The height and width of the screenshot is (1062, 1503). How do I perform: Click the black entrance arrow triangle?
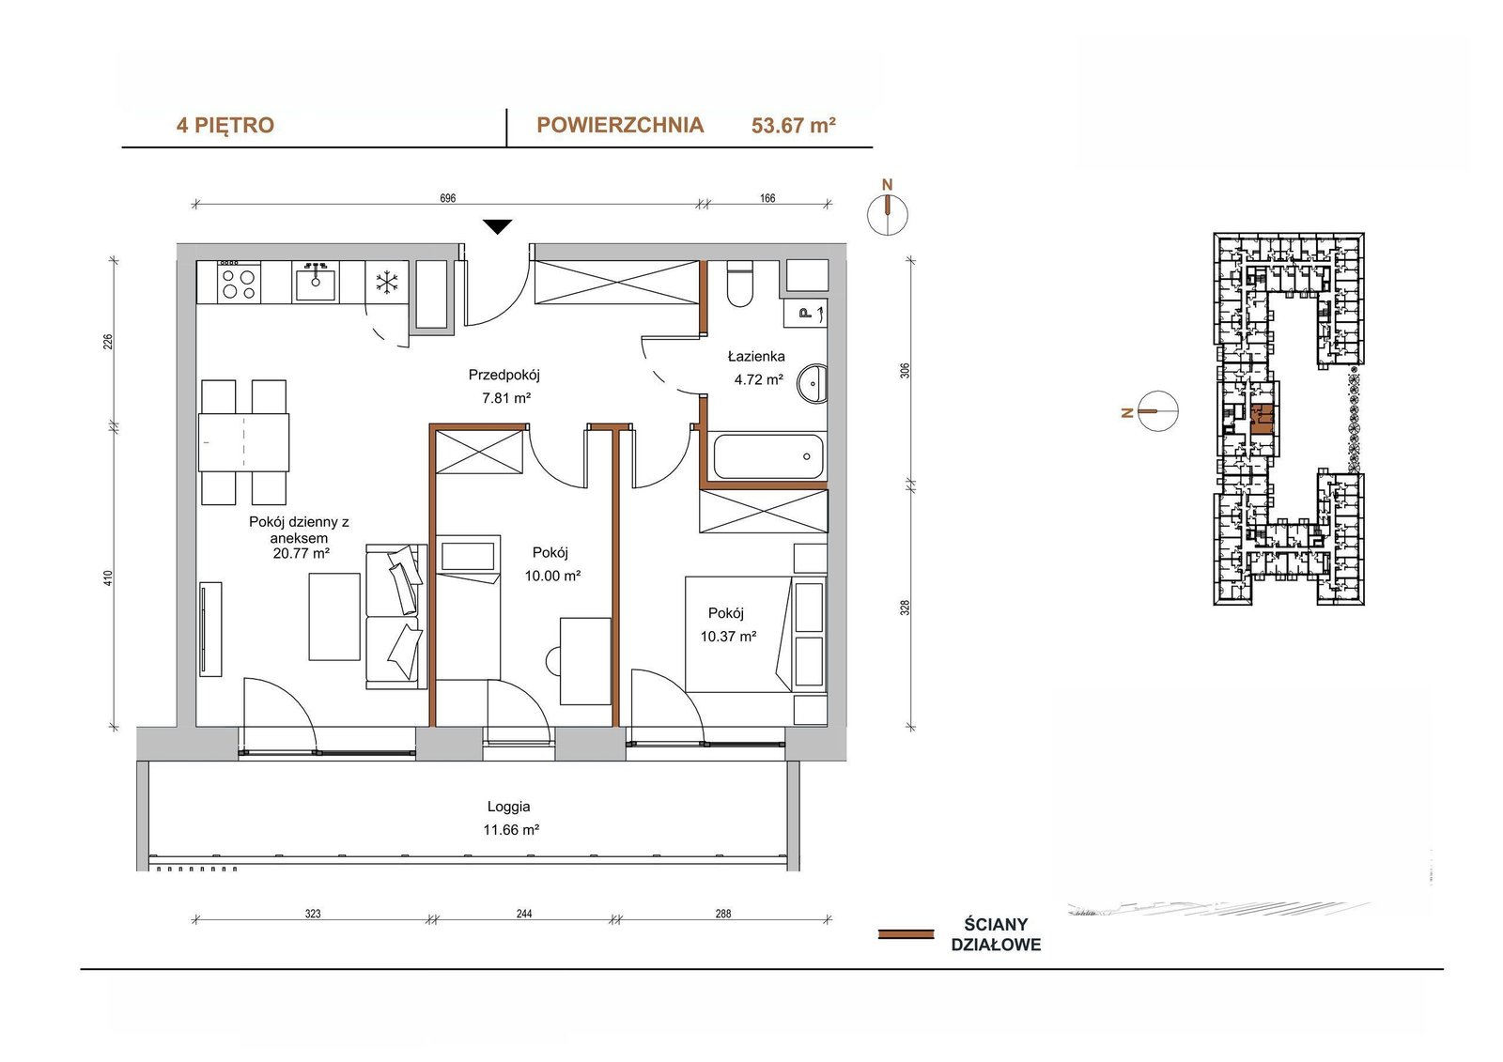click(497, 226)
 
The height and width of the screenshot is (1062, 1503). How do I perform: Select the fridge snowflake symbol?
click(386, 282)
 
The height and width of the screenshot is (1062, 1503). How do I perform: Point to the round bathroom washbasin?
click(812, 384)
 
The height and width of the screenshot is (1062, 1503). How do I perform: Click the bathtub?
click(768, 456)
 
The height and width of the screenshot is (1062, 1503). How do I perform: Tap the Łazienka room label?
click(756, 356)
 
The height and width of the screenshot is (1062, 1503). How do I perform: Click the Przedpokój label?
click(504, 375)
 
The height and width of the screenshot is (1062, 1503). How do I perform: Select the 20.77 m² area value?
click(302, 553)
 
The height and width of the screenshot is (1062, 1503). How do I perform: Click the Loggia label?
click(508, 807)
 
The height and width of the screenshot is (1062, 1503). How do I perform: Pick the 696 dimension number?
click(447, 198)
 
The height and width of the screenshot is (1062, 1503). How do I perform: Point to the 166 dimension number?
click(767, 198)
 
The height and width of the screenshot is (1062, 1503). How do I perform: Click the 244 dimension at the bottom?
click(524, 914)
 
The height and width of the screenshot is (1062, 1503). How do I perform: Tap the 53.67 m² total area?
click(793, 126)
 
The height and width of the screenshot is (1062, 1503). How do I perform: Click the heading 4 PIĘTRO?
click(225, 126)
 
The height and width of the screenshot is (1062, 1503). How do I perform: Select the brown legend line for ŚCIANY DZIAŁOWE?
click(906, 934)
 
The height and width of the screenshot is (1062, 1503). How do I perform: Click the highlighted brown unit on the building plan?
click(1263, 420)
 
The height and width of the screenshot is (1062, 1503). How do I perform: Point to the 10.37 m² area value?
click(729, 636)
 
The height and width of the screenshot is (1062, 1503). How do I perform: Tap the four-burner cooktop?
click(239, 283)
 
